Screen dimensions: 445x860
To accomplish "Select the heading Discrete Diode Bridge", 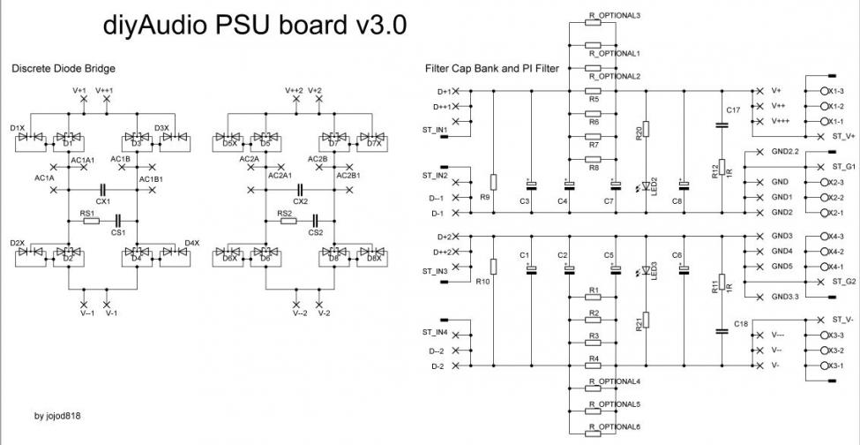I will [x=63, y=68].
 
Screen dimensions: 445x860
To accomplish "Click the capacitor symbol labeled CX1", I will [x=103, y=189].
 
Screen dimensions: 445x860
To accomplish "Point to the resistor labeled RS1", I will [x=90, y=221].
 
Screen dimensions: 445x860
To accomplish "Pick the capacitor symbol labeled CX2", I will [x=301, y=189].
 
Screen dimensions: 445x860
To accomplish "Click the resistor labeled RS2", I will [x=288, y=221].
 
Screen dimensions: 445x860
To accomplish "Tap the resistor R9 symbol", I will [x=494, y=183].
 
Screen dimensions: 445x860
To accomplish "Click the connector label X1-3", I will [x=834, y=91].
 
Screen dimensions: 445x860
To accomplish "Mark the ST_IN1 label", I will [x=435, y=131].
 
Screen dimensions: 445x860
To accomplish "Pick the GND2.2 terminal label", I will [x=784, y=151].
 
